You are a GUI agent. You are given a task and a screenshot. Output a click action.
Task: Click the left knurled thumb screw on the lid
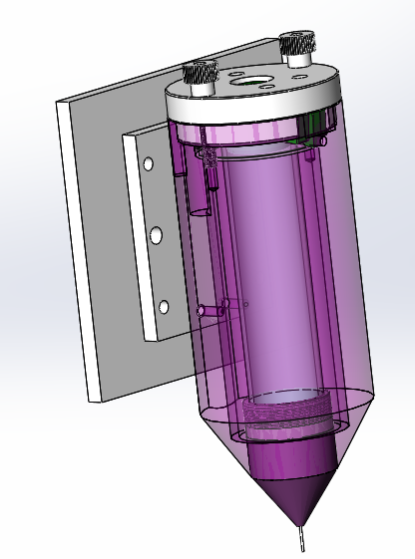202,76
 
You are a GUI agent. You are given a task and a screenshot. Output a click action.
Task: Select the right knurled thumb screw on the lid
296,46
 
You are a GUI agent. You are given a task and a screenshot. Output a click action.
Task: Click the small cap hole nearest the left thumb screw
232,73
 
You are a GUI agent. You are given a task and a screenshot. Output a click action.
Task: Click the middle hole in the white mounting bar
156,235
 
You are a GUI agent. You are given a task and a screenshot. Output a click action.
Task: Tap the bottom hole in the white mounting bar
163,305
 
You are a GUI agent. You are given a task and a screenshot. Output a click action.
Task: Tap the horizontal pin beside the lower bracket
210,309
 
